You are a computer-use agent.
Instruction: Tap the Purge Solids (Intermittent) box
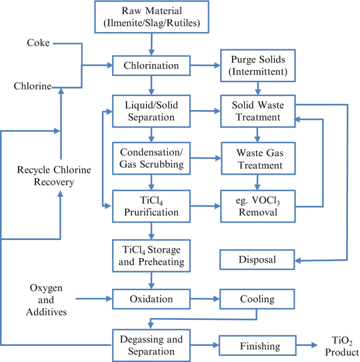click(x=257, y=65)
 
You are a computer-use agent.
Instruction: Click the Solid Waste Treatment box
click(x=257, y=111)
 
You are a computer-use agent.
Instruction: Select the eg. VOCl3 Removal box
click(x=257, y=203)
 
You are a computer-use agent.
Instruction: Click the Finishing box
click(x=257, y=345)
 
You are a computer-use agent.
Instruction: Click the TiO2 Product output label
click(x=337, y=345)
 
